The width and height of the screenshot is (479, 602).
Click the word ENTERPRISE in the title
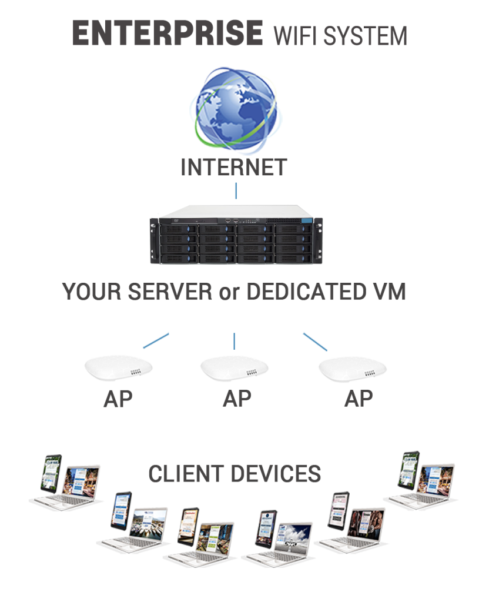168,33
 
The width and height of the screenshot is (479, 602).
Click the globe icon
236,109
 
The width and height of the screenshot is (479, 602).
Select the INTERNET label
234,167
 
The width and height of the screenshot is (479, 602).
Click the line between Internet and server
236,191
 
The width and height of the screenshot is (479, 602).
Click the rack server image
236,235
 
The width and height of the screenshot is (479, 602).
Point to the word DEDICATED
306,292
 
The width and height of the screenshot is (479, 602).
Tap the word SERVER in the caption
170,292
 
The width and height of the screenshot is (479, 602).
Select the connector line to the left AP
156,340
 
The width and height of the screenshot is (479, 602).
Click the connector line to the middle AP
234,341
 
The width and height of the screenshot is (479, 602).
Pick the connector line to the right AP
315,342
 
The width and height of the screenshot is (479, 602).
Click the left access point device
118,368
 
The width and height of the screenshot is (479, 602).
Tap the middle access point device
234,368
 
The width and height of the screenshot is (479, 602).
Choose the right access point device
352,369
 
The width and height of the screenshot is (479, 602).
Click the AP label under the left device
118,399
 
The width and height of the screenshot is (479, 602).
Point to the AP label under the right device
359,399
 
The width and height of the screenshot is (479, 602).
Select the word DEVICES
270,473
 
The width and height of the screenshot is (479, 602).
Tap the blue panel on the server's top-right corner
307,220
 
